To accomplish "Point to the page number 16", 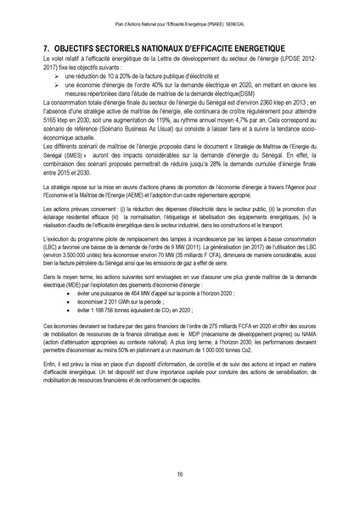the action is pos(180,473).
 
